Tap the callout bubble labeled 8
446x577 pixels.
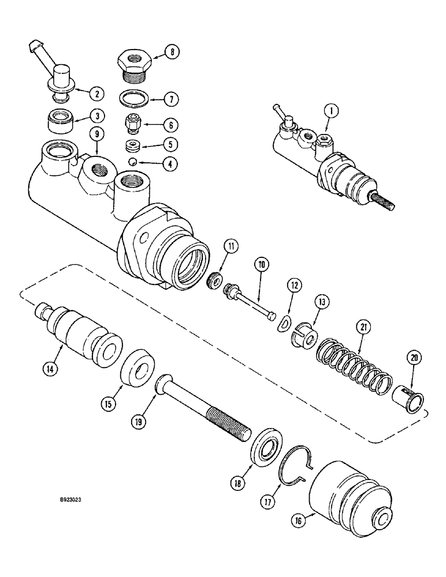click(171, 53)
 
